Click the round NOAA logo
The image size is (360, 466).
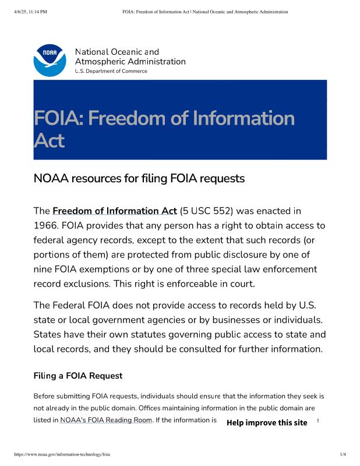[50, 61]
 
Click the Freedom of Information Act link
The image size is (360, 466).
[114, 211]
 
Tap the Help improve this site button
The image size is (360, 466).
[267, 422]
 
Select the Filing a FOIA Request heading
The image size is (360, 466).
[78, 376]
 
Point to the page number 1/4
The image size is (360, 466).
[343, 454]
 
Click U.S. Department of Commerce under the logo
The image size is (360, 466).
[111, 71]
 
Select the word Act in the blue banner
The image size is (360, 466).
[49, 140]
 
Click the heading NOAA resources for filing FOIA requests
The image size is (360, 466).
[139, 178]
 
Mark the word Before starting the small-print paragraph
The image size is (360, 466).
[46, 396]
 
